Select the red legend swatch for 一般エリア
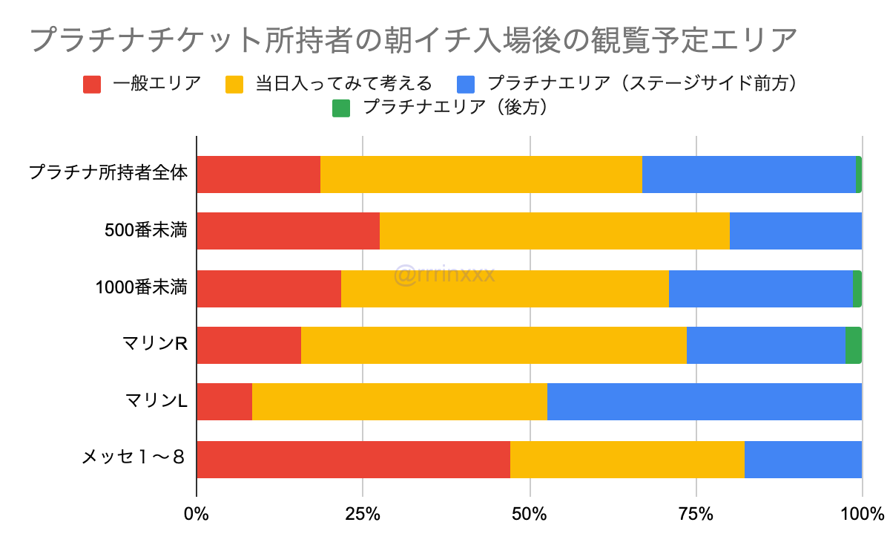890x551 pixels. point(91,83)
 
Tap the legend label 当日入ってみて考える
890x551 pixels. point(343,83)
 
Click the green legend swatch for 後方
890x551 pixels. point(340,108)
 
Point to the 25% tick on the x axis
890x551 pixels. point(363,513)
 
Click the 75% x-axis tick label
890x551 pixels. point(696,513)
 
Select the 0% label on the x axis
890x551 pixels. point(197,513)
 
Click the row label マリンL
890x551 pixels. point(156,402)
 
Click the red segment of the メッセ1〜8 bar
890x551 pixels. point(353,459)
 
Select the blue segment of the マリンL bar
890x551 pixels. point(704,402)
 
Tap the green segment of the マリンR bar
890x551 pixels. point(853,345)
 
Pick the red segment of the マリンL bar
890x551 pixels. point(225,402)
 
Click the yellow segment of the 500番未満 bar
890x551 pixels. point(554,230)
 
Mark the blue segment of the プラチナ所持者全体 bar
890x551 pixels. point(748,174)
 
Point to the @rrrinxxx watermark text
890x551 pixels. point(444,276)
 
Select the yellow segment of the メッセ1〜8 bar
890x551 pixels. point(627,459)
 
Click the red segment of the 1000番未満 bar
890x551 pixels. point(268,287)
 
